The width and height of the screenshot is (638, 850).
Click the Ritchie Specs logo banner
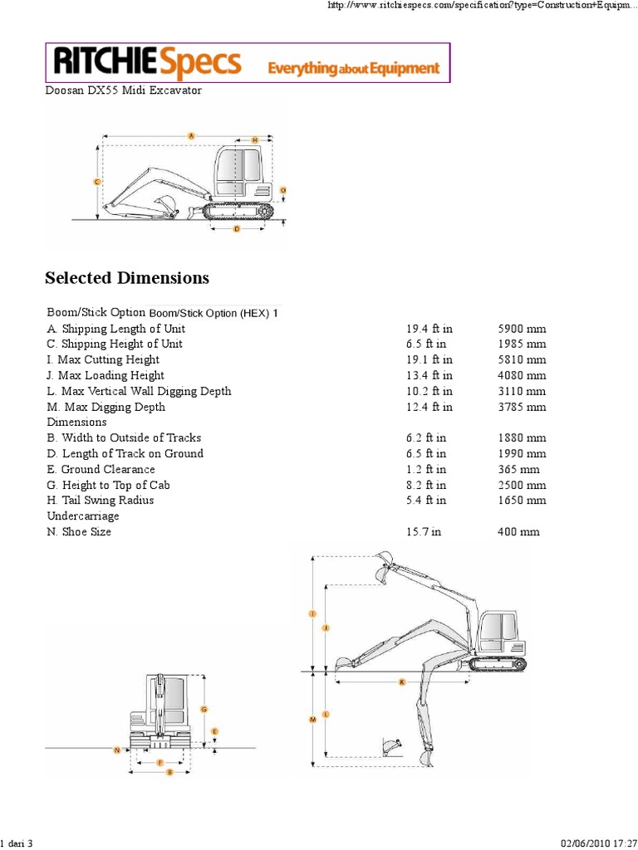coord(247,63)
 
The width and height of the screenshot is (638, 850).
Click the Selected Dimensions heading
coord(126,277)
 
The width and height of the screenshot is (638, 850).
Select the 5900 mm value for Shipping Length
coord(522,329)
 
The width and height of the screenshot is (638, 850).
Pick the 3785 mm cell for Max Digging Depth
coord(522,407)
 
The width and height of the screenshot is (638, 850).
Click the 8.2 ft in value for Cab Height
coord(426,485)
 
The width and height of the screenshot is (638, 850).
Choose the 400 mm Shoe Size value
coord(518,531)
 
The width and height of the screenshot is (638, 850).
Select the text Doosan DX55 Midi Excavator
coord(123,90)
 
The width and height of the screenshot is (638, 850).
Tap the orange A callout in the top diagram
coord(191,135)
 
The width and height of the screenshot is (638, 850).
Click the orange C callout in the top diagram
coord(97,181)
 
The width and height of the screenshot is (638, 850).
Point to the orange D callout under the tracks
coord(237,228)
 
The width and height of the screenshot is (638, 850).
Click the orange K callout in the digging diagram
coord(401,681)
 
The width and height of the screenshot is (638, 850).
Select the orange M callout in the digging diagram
coord(312,720)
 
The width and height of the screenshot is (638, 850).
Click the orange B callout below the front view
coord(169,772)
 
